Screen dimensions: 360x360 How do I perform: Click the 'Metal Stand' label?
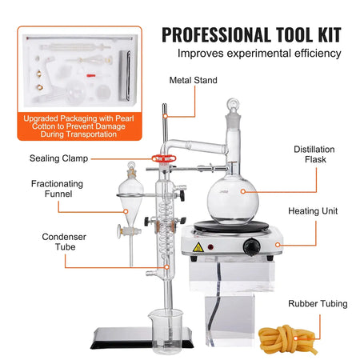193,80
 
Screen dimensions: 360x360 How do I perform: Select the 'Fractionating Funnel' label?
57,190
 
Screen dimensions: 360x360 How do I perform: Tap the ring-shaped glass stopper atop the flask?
237,105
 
